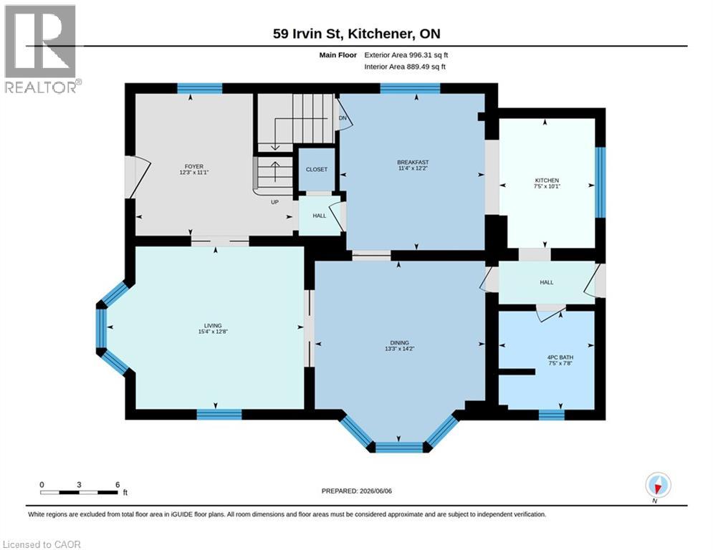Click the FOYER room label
[193, 166]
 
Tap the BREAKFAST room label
[413, 163]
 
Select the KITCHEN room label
[547, 180]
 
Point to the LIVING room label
[213, 325]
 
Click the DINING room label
[399, 343]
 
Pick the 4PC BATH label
[560, 357]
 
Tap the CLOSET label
[317, 169]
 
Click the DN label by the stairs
[343, 118]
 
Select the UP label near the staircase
[274, 202]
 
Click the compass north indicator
[658, 486]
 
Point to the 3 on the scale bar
[79, 485]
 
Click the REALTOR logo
[41, 49]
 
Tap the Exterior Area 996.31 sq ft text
[406, 55]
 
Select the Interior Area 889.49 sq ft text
[405, 67]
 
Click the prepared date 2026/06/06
[375, 491]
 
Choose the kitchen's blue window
[600, 182]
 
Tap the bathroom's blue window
[552, 415]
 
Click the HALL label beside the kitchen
[547, 282]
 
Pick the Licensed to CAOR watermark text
[42, 544]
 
